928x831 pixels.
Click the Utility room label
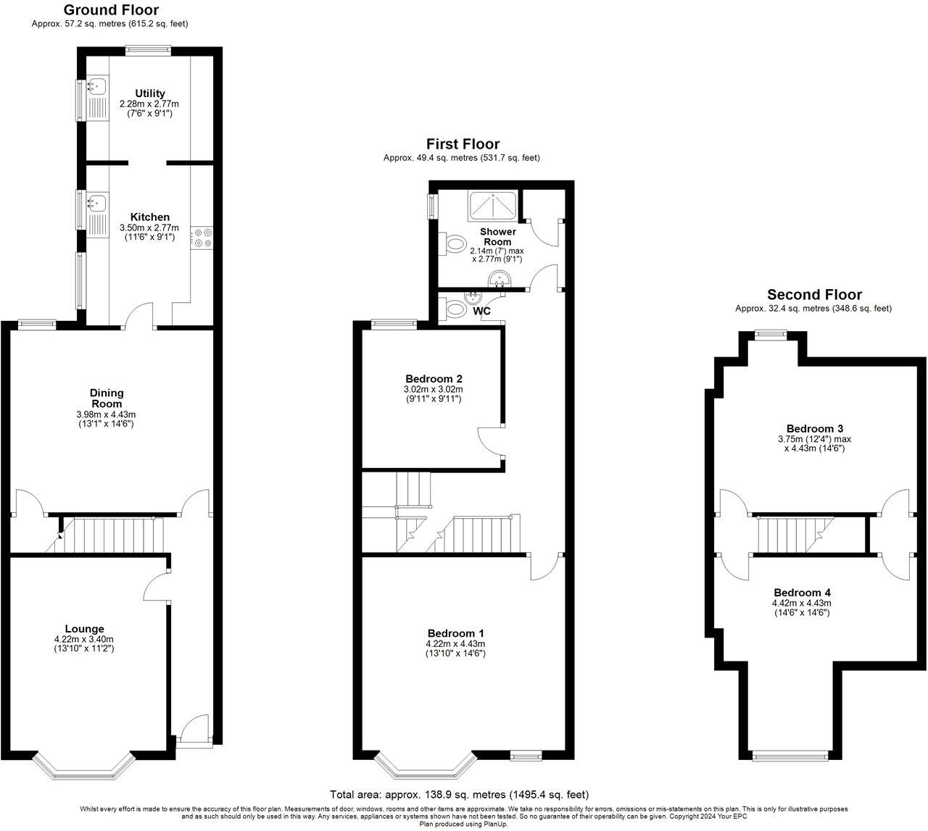[150, 93]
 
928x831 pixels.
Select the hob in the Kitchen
[202, 238]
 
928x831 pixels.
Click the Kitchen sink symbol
[96, 202]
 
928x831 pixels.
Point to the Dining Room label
[107, 398]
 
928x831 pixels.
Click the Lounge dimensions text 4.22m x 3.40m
[84, 639]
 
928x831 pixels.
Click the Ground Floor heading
[110, 10]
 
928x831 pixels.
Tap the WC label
[482, 312]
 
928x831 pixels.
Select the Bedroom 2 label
[434, 378]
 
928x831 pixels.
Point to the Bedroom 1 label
[455, 632]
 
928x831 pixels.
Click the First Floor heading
[463, 144]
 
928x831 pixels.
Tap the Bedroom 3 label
[814, 428]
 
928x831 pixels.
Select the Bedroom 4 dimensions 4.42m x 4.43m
[802, 603]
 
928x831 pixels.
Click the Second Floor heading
[814, 295]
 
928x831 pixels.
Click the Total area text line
[459, 795]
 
